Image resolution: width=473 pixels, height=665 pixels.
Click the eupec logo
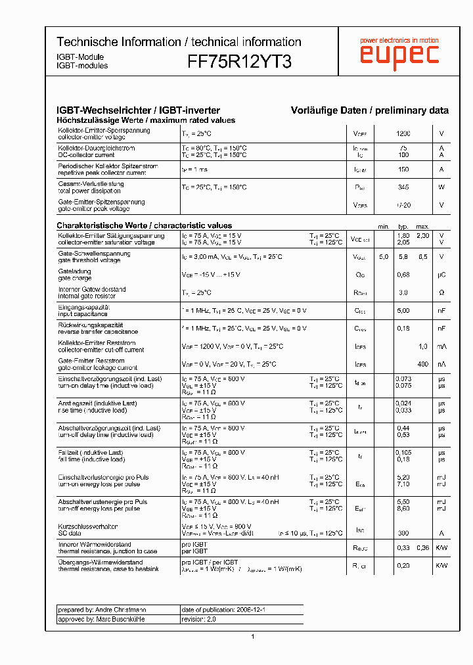point(399,53)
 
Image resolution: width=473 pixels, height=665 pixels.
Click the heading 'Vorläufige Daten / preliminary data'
point(370,110)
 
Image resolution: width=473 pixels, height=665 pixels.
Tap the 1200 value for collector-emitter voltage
point(403,133)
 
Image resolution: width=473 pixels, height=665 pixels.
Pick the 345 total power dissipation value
point(403,187)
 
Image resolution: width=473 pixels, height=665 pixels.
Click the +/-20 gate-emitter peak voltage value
point(403,205)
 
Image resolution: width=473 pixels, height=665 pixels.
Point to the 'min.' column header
point(384,226)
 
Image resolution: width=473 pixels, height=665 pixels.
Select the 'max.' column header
point(423,226)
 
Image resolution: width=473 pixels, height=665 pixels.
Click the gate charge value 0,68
point(403,275)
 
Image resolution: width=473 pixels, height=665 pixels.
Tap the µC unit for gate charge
point(441,275)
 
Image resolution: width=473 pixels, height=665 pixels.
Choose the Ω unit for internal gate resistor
point(441,292)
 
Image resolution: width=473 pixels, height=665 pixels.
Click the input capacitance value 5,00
point(403,310)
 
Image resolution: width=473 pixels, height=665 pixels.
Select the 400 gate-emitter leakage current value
point(422,364)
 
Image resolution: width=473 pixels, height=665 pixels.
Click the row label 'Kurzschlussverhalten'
point(88,526)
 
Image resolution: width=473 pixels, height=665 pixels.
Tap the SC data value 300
point(403,533)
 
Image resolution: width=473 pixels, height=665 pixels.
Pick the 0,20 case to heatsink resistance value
point(403,566)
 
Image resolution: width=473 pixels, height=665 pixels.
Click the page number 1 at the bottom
point(252,637)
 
